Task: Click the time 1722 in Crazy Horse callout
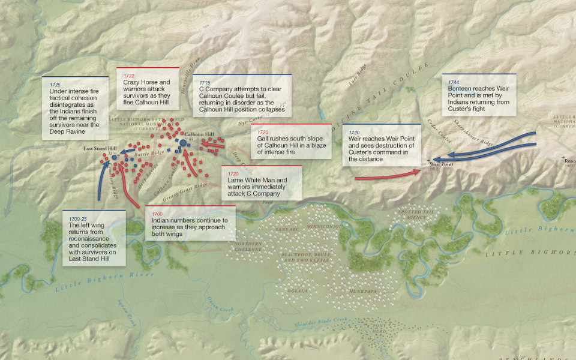point(129,76)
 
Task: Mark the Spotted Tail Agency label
point(415,215)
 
